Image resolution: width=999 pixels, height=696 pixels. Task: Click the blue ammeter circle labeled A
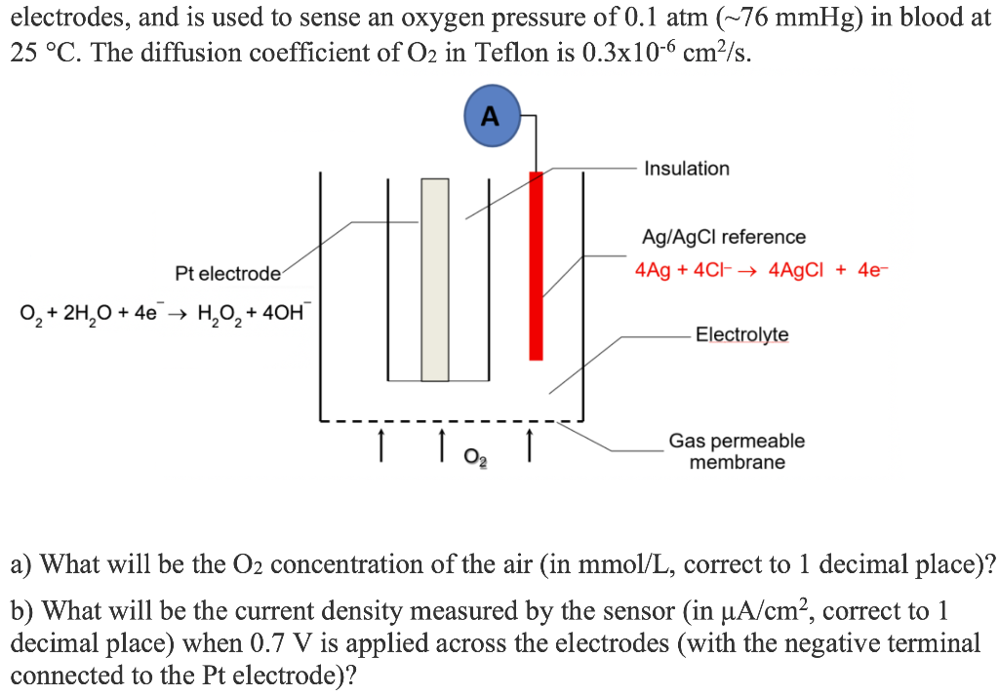[x=491, y=117]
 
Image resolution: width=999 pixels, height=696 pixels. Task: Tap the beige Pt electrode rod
[x=435, y=280]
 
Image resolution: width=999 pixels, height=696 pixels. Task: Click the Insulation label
[x=686, y=169]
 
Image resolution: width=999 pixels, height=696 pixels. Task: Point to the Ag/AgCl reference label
[x=723, y=237]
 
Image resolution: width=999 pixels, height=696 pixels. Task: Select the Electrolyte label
[x=741, y=335]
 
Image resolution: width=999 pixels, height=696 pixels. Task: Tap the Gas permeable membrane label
[x=737, y=451]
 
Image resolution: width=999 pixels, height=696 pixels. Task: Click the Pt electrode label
[x=227, y=273]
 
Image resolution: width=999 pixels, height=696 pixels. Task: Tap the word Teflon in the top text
[x=502, y=54]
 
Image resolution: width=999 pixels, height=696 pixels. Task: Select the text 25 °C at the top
[x=46, y=54]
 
